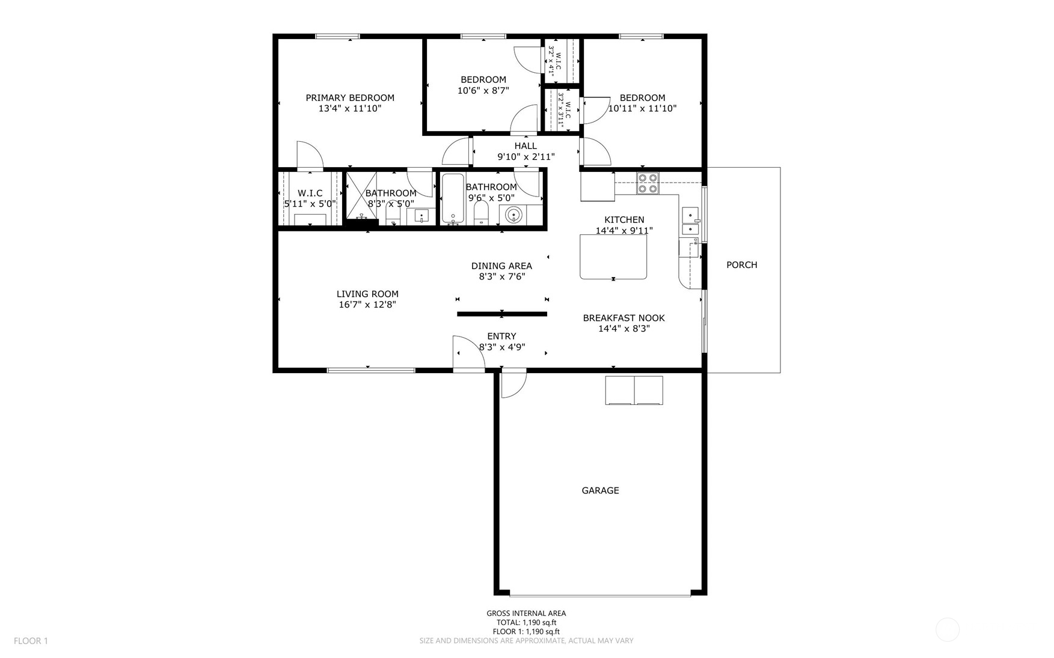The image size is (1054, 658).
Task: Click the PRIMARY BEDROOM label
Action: pyautogui.click(x=350, y=98)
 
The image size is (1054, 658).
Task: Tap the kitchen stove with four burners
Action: pyautogui.click(x=648, y=183)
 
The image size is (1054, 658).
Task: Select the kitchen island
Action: pyautogui.click(x=613, y=257)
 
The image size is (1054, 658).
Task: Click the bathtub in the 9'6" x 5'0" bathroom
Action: pyautogui.click(x=453, y=199)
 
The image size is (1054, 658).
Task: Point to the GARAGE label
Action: pyautogui.click(x=600, y=490)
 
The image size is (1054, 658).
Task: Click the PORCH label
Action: pyautogui.click(x=741, y=265)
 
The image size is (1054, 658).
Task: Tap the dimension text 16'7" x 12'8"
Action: pyautogui.click(x=367, y=305)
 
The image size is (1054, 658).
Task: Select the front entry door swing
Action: pyautogui.click(x=468, y=354)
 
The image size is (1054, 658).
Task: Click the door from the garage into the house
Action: pyautogui.click(x=513, y=383)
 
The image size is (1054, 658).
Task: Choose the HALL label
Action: pyautogui.click(x=525, y=146)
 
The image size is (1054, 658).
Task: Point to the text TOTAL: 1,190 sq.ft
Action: pyautogui.click(x=526, y=623)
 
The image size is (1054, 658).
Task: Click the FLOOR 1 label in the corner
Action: pyautogui.click(x=31, y=641)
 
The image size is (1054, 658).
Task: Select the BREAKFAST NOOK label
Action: pyautogui.click(x=624, y=318)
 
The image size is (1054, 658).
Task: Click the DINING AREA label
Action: pyautogui.click(x=501, y=266)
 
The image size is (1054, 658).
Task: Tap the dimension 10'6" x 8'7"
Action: pyautogui.click(x=483, y=91)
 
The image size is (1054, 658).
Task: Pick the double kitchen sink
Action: pyautogui.click(x=690, y=221)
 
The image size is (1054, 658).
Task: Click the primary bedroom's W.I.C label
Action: pyautogui.click(x=310, y=193)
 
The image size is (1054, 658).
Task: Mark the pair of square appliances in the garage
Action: pyautogui.click(x=634, y=391)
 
